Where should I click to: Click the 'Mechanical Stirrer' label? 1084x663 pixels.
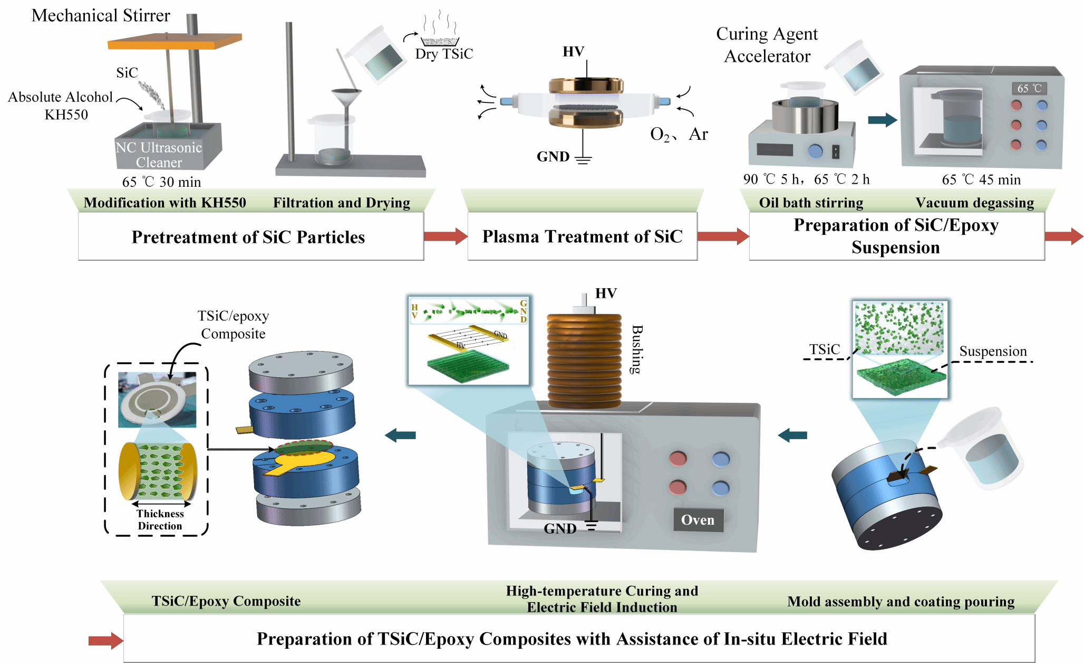click(x=101, y=16)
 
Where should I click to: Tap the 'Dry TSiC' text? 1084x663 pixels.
click(x=444, y=54)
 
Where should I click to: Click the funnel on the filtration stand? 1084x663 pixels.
click(x=346, y=97)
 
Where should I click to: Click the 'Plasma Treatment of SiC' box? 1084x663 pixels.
click(x=582, y=236)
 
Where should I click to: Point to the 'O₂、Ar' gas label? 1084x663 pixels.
click(x=679, y=134)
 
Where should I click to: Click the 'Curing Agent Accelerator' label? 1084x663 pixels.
click(x=767, y=45)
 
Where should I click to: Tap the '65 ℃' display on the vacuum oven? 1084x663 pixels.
click(x=1029, y=88)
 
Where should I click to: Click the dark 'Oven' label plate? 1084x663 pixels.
click(x=698, y=520)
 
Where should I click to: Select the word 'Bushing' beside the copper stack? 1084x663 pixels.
click(x=637, y=349)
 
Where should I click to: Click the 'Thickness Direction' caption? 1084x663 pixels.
click(x=160, y=519)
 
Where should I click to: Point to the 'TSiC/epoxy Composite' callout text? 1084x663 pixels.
click(x=233, y=325)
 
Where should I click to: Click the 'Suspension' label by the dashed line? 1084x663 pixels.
click(x=993, y=351)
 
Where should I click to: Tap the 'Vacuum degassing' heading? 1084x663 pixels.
click(x=974, y=203)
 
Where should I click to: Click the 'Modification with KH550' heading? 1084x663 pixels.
click(x=164, y=203)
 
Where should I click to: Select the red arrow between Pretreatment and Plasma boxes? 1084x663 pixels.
click(x=445, y=236)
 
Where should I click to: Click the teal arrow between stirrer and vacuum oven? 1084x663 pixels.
click(x=882, y=120)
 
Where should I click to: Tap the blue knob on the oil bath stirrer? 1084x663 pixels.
click(x=815, y=151)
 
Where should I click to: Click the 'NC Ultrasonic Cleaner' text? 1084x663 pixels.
click(x=159, y=155)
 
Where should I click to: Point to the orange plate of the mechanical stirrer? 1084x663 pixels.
click(x=174, y=42)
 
